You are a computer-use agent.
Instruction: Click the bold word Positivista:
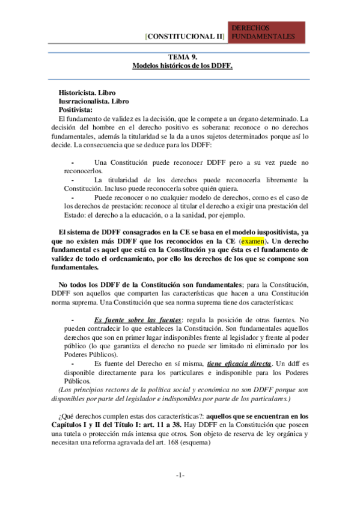[x=76, y=111]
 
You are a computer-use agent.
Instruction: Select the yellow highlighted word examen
[x=252, y=242]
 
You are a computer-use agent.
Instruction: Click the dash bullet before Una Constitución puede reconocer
[x=73, y=163]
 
